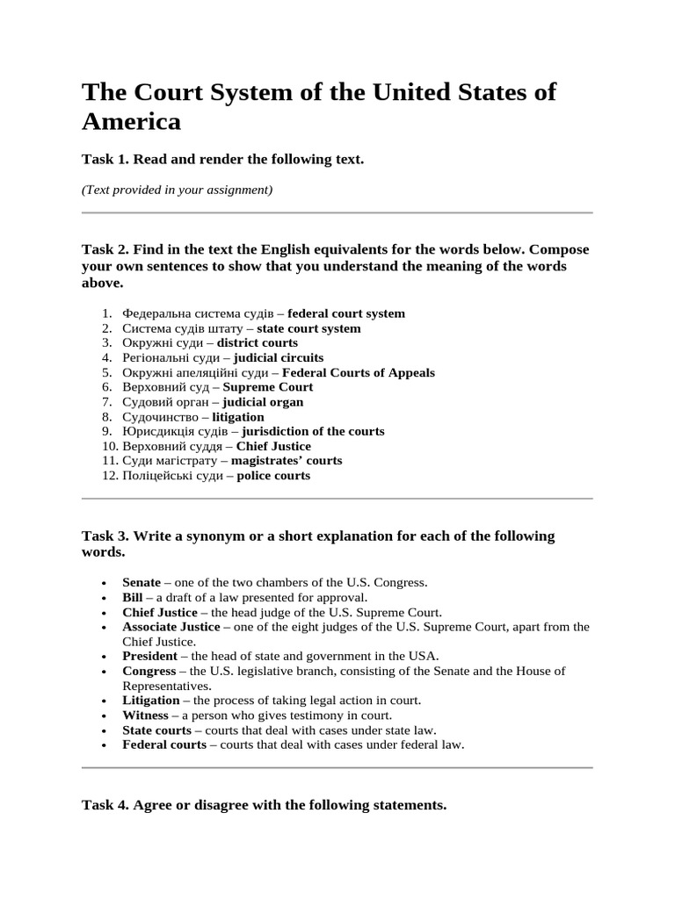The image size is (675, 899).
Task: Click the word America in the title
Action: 131,121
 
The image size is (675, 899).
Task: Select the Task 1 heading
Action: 222,159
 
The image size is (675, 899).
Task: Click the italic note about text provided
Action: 177,190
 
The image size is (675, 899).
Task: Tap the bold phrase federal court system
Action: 346,313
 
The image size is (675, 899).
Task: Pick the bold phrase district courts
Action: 258,342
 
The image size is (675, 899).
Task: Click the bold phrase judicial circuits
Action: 279,357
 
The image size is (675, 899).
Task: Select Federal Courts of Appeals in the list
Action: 358,372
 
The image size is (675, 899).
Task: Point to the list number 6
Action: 106,387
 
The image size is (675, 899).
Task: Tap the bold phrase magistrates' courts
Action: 287,461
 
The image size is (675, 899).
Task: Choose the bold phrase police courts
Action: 273,476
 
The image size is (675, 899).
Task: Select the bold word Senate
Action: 142,582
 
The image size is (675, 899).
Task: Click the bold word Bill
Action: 132,597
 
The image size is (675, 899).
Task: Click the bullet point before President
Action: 105,657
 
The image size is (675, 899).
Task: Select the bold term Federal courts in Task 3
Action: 164,744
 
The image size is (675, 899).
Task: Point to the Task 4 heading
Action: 264,804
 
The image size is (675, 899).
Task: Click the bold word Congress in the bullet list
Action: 148,671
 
